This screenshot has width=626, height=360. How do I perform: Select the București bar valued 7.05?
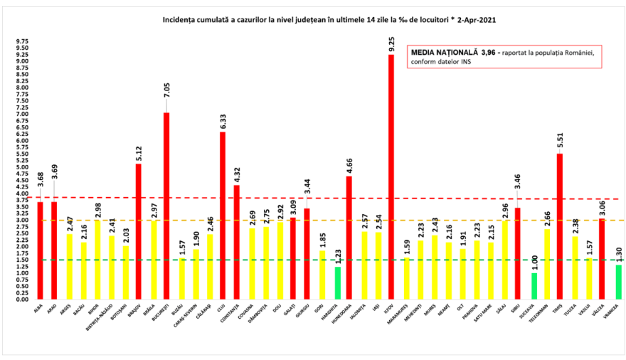pyautogui.click(x=166, y=206)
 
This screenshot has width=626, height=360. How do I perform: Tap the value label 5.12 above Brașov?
pyautogui.click(x=139, y=152)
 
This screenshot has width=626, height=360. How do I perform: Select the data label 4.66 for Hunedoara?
pyautogui.click(x=349, y=164)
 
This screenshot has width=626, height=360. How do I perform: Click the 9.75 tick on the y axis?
pyautogui.click(x=23, y=42)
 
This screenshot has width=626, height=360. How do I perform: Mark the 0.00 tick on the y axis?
pyautogui.click(x=23, y=300)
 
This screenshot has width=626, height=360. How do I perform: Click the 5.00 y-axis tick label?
pyautogui.click(x=23, y=167)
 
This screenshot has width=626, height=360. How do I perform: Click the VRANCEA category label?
pyautogui.click(x=612, y=310)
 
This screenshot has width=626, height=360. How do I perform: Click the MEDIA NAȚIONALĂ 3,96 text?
pyautogui.click(x=452, y=53)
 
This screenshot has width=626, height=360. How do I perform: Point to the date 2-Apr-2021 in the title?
pyautogui.click(x=471, y=19)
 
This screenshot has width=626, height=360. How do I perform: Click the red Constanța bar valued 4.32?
pyautogui.click(x=237, y=242)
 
